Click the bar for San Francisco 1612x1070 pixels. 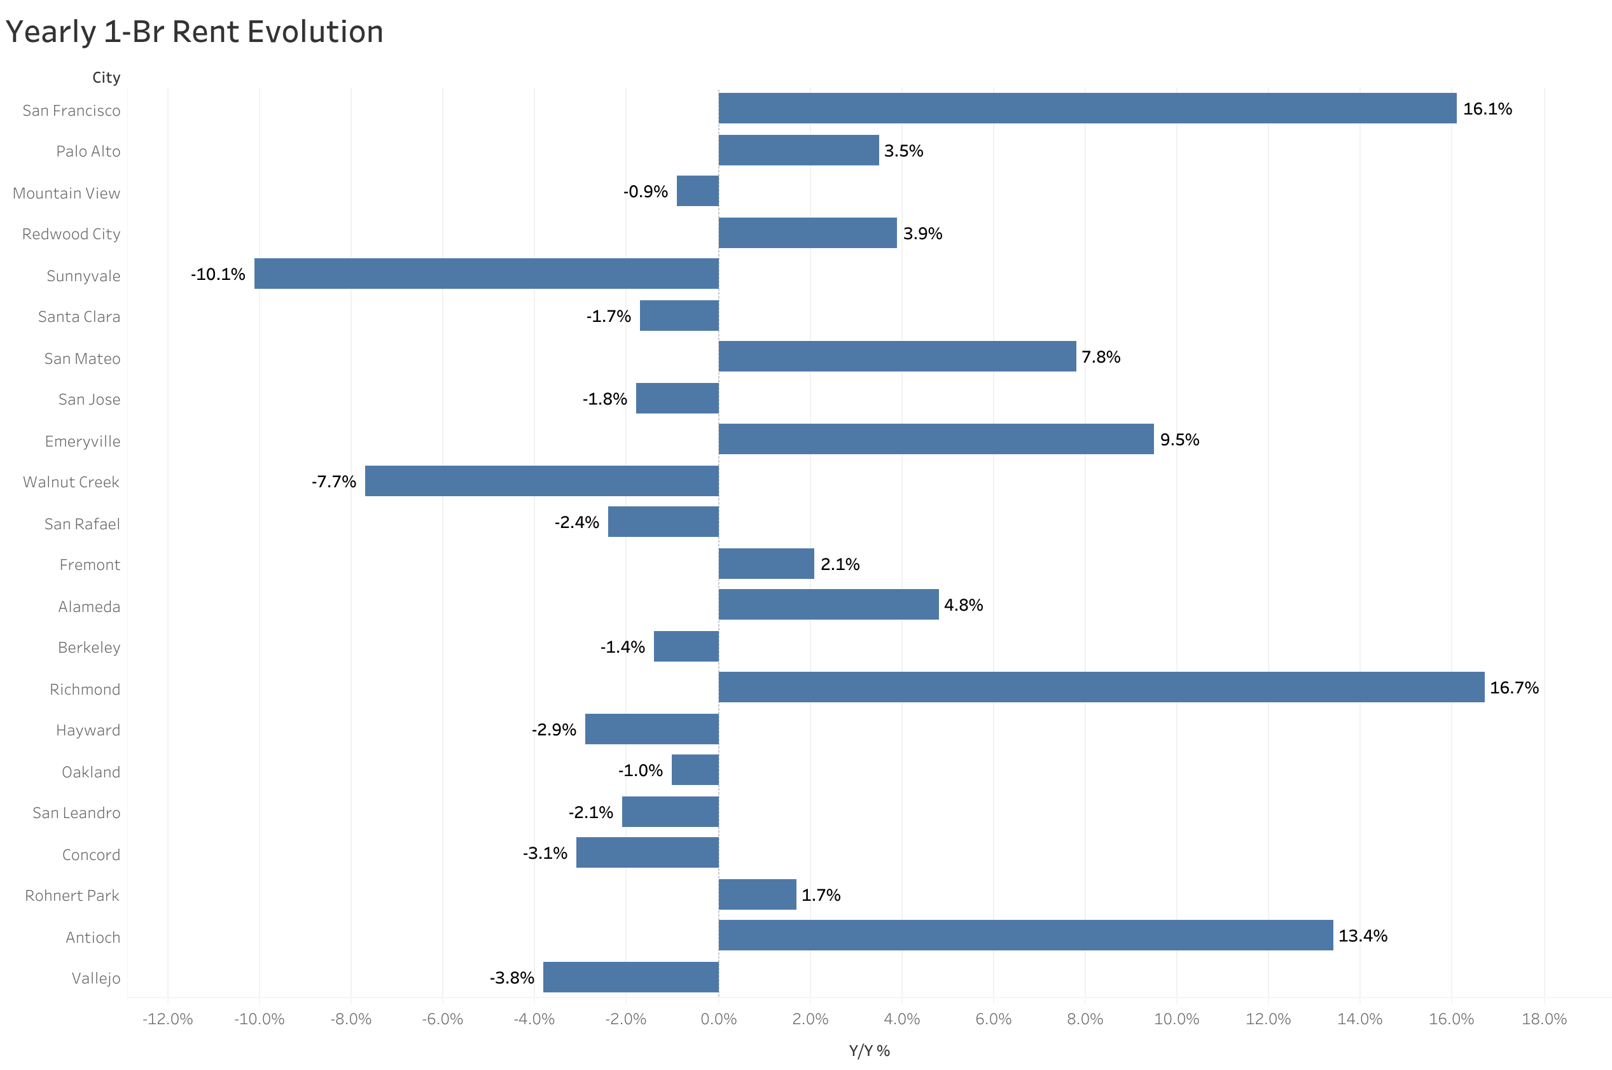1087,109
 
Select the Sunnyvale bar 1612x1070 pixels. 487,274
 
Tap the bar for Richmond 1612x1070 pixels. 1101,687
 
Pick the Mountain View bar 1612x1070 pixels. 697,191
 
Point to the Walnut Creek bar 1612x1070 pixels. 541,481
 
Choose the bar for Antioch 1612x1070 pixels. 1025,935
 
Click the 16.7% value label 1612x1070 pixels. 1514,688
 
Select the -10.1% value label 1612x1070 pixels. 218,274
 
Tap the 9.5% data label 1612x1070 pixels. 1179,440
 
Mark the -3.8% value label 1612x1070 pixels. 511,978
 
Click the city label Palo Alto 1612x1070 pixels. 88,151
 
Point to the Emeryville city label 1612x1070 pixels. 83,441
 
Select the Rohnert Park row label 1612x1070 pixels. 73,895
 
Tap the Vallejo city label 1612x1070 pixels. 95,978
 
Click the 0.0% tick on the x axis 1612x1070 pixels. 718,1020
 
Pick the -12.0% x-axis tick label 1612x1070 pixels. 167,1020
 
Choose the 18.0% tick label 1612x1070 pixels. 1544,1020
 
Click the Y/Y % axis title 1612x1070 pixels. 869,1051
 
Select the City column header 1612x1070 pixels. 106,78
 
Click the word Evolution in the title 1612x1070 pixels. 316,32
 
